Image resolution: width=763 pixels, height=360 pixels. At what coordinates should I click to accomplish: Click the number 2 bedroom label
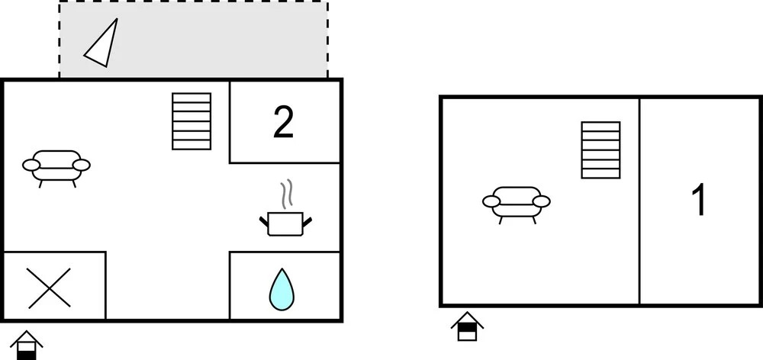[x=283, y=123]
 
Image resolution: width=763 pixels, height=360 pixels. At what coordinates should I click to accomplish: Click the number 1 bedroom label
[x=699, y=201]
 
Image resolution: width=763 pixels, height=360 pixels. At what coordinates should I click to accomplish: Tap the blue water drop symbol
[x=282, y=289]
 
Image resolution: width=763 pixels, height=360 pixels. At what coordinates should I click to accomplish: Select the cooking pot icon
[x=285, y=223]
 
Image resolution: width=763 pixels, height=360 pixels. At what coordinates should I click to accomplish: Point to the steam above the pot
[x=287, y=194]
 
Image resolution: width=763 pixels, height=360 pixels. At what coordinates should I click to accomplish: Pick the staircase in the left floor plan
[x=192, y=121]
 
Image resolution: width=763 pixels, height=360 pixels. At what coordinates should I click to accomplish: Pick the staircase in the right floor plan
[x=601, y=149]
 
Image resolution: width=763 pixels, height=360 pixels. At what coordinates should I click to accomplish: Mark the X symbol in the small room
[x=50, y=288]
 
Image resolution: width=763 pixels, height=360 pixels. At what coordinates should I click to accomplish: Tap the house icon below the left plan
[x=26, y=345]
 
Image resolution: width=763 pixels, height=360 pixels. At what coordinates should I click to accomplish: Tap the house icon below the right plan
[x=467, y=326]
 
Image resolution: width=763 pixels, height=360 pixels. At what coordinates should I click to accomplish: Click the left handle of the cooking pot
[x=264, y=221]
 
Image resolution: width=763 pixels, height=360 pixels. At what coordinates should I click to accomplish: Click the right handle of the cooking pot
[x=307, y=221]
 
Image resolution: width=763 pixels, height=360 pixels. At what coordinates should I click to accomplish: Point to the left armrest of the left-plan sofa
[x=31, y=166]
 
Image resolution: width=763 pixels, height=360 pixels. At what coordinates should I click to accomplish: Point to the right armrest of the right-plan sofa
[x=542, y=201]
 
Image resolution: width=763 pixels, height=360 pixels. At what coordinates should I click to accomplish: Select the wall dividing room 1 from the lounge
[x=639, y=201]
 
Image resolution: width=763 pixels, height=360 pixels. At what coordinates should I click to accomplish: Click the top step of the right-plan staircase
[x=601, y=127]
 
